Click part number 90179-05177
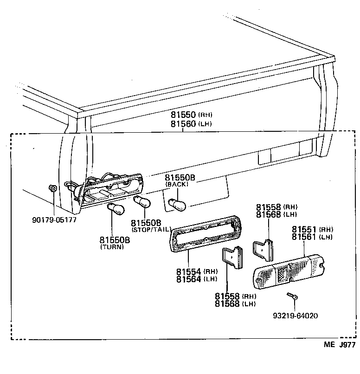[55, 219]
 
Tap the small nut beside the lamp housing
[52, 188]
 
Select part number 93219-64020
[295, 316]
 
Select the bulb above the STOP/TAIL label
[141, 202]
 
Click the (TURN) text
[112, 247]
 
